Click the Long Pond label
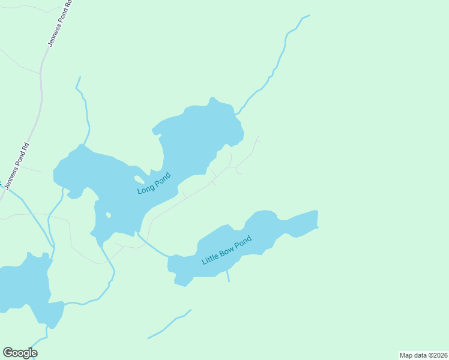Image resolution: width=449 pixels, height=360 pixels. click(154, 184)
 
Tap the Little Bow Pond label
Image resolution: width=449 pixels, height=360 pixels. click(226, 250)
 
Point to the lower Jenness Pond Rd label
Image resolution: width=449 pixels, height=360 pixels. click(16, 166)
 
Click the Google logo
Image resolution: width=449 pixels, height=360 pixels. click(20, 352)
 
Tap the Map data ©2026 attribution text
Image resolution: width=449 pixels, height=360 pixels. click(423, 355)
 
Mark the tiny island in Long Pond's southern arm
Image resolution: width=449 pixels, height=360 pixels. click(108, 214)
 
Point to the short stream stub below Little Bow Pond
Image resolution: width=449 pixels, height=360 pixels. click(228, 276)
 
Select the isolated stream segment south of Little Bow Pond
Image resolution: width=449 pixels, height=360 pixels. click(170, 324)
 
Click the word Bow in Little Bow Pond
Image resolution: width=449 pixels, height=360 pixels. click(226, 250)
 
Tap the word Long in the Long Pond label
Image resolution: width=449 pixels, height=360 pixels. click(146, 188)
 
